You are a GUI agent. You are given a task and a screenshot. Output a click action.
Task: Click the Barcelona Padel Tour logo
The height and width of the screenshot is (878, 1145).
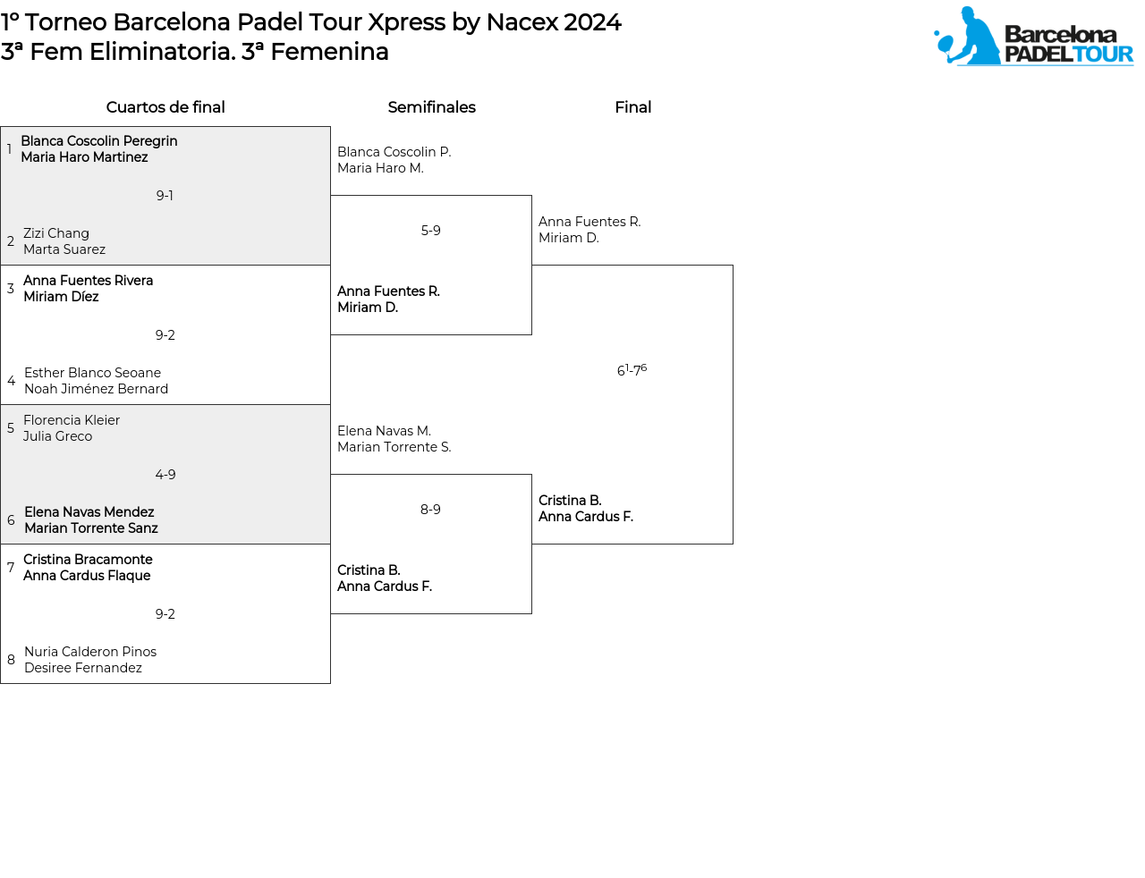tap(1033, 36)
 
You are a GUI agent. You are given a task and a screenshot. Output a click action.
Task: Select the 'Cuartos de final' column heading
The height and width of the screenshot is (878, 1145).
tap(165, 107)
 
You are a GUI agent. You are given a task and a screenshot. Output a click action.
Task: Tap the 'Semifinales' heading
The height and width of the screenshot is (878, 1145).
tap(431, 107)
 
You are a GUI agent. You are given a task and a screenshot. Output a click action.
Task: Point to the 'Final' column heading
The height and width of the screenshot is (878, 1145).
tap(632, 107)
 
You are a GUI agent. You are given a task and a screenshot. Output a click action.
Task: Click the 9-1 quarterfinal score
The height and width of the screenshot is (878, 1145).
tap(165, 196)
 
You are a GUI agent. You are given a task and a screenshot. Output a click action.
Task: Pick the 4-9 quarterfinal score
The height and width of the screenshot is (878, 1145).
tap(165, 475)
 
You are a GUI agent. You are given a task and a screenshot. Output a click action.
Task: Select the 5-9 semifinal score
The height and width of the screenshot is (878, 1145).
tap(430, 230)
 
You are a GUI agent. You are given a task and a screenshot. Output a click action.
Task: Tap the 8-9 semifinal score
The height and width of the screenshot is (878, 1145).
tap(430, 510)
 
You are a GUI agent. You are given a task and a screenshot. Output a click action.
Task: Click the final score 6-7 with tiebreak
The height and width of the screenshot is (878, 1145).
tap(632, 369)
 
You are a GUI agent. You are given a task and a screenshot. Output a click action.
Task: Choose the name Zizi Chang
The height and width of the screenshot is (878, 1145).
tap(55, 232)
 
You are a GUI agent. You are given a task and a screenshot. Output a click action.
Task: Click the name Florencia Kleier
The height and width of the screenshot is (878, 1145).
tap(72, 419)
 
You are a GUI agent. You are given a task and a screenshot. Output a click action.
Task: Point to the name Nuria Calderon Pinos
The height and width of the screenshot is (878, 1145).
tap(90, 652)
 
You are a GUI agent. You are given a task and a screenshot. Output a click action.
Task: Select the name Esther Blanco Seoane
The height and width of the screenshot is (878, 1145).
tap(92, 372)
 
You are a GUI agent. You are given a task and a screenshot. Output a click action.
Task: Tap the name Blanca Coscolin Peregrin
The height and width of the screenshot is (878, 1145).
tap(99, 140)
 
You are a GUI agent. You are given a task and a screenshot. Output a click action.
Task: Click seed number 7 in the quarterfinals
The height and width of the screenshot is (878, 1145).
tap(11, 567)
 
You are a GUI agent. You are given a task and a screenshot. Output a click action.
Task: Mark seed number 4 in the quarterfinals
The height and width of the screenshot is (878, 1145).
tap(11, 380)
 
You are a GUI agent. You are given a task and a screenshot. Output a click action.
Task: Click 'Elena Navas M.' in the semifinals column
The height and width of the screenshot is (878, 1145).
tap(384, 430)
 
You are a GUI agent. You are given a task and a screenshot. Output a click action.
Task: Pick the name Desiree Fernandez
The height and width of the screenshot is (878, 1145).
tap(82, 667)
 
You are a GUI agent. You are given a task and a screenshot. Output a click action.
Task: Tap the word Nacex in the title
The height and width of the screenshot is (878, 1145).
tap(522, 22)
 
